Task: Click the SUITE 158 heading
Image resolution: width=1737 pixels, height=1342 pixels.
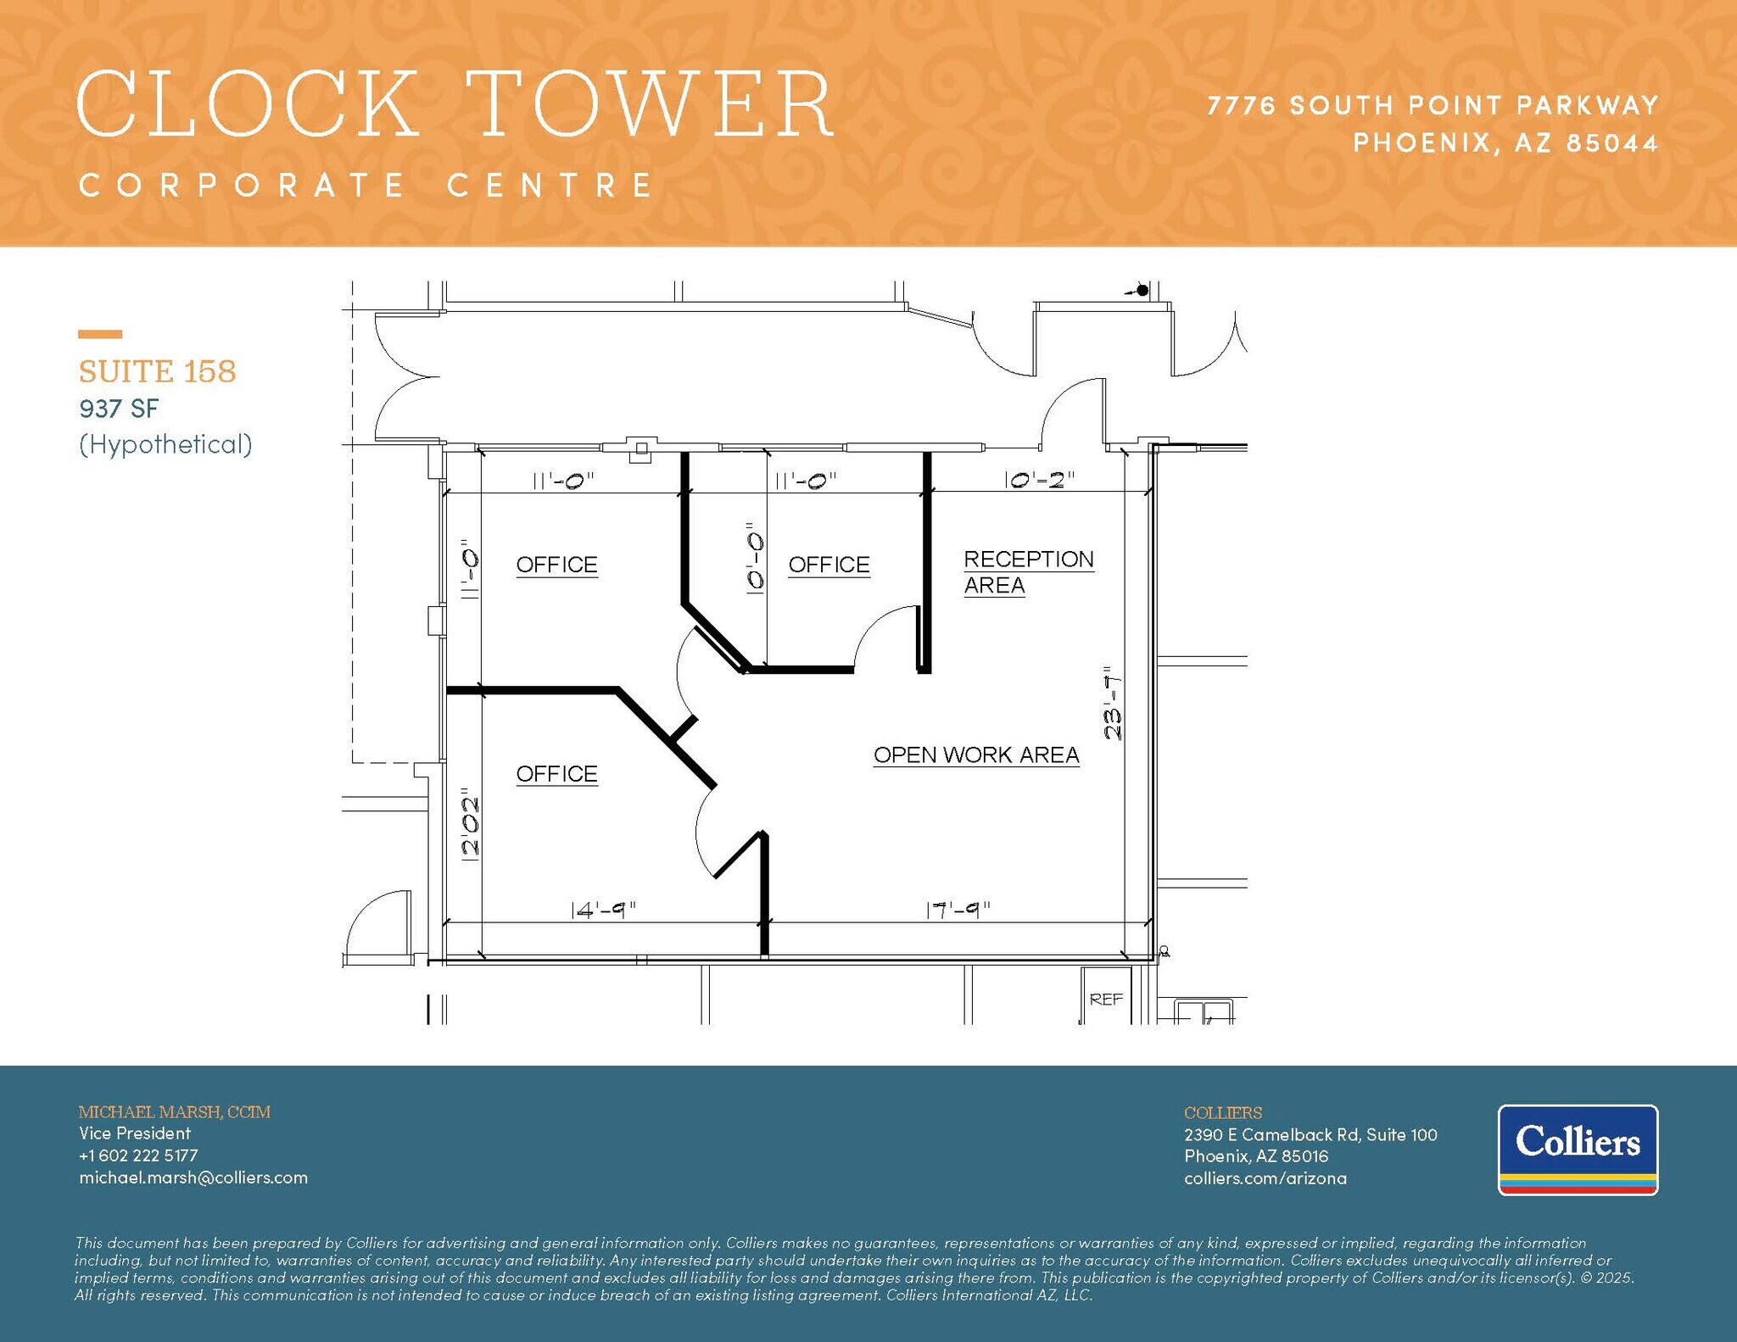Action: coord(157,371)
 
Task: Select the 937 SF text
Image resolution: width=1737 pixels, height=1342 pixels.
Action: coord(119,409)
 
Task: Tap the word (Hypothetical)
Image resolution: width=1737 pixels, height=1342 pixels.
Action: coord(165,444)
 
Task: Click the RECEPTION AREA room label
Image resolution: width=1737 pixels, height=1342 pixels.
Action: coord(1028,572)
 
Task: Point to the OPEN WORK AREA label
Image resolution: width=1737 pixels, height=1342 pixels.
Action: coord(976,755)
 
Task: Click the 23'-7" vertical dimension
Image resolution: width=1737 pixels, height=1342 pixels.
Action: coord(1113,703)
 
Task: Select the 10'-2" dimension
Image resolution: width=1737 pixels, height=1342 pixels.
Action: coord(1039,480)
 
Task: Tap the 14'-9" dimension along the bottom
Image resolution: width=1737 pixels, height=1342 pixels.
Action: coord(603,910)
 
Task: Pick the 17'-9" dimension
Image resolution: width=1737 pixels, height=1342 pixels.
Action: coord(958,910)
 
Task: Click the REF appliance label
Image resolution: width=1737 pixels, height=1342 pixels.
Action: coord(1106,1000)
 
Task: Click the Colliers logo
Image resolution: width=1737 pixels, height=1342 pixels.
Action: coord(1578,1150)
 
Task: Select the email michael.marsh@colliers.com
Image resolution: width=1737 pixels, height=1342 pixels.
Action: coord(193,1178)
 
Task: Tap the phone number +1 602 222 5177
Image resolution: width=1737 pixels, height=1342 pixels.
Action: coord(138,1155)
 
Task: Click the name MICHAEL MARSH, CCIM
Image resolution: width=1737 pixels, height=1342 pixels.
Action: coord(175,1111)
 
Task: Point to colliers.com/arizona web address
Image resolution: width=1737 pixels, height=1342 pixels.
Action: coord(1265,1178)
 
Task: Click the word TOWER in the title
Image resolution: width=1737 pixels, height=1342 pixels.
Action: coord(650,105)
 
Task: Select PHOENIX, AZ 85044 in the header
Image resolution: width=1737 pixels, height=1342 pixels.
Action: coord(1505,142)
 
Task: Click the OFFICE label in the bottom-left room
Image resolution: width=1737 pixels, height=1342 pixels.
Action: coord(556,774)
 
